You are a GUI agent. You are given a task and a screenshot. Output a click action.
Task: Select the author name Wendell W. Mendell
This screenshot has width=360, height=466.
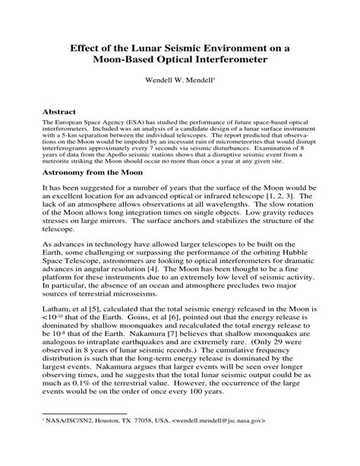[x=178, y=79]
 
